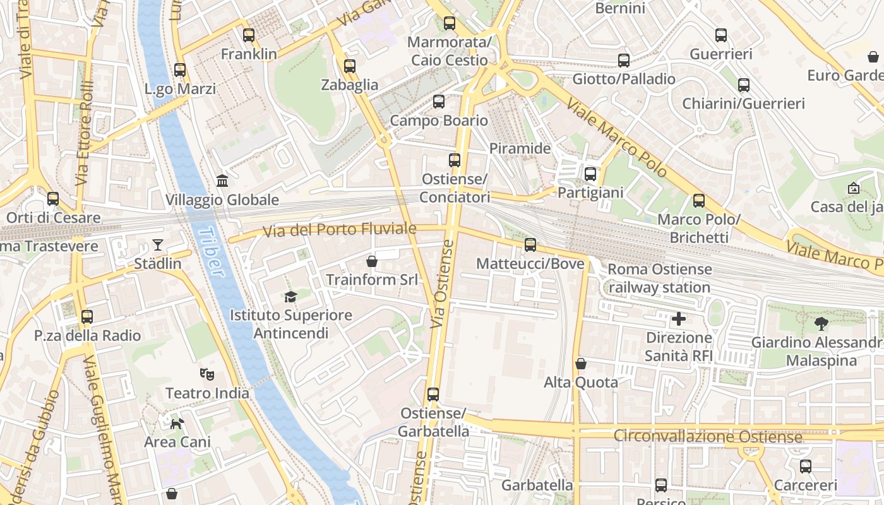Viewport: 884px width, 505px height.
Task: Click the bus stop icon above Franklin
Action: [x=249, y=35]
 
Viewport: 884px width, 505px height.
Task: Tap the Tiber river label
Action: [x=211, y=252]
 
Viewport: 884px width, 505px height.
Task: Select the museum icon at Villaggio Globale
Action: [x=222, y=181]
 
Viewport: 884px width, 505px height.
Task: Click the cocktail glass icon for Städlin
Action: [x=157, y=245]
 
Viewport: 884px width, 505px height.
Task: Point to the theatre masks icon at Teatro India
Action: [x=206, y=374]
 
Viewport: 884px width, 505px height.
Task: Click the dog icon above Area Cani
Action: [x=177, y=423]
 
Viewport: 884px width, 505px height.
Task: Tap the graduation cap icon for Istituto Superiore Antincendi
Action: [x=290, y=297]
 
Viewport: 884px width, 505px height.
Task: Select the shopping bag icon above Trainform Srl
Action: [x=372, y=261]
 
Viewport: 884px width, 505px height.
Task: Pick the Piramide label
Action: [x=520, y=149]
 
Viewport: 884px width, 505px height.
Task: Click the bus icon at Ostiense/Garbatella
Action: [x=433, y=395]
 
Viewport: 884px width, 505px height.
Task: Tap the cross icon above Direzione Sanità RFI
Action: [x=679, y=319]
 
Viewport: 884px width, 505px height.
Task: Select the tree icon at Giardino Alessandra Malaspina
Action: [x=821, y=324]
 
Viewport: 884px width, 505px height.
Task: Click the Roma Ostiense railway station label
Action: [x=659, y=278]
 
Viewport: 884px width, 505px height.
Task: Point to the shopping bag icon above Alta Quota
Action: [x=580, y=364]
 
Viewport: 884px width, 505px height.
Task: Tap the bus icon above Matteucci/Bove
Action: [x=530, y=245]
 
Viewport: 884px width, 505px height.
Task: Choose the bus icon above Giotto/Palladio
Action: [x=624, y=61]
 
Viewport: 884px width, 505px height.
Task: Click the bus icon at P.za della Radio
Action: [x=87, y=317]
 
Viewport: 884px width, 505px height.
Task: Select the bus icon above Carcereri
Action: [x=806, y=467]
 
